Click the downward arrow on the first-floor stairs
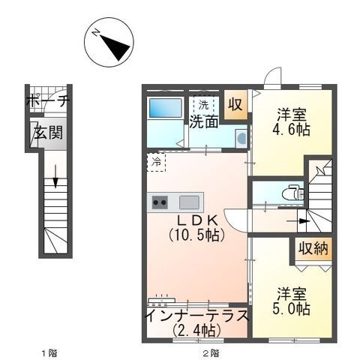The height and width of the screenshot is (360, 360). coord(55,180)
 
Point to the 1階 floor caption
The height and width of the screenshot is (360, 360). coord(48,351)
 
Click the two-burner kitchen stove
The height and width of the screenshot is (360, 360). coord(160,201)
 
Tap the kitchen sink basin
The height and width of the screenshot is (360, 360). coord(189,201)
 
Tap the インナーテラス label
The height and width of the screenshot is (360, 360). coord(196,315)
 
